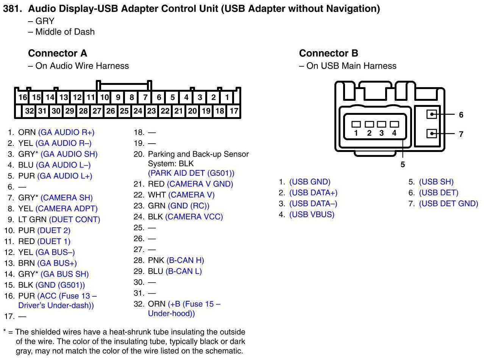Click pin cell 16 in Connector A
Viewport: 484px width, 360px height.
pos(23,97)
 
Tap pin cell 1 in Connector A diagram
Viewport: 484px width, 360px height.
pos(227,97)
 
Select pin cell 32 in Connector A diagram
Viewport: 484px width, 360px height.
pos(29,111)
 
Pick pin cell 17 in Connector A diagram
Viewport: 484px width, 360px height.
pos(234,111)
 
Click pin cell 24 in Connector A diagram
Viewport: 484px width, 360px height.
pos(138,111)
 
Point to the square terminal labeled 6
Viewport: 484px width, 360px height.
pos(431,114)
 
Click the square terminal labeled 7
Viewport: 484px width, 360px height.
pos(431,133)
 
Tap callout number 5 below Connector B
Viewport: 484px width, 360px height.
pos(403,164)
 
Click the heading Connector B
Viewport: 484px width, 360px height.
pos(328,53)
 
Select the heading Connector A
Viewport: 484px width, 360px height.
pos(58,53)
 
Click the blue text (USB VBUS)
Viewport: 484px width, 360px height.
pos(312,214)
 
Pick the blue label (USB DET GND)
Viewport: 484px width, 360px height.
pos(448,203)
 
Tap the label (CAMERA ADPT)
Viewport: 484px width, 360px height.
pos(66,208)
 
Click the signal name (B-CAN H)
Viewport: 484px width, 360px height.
pos(185,260)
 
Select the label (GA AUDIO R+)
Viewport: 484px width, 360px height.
pos(66,132)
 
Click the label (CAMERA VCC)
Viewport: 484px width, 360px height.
pos(194,217)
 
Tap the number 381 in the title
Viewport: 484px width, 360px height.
pos(11,9)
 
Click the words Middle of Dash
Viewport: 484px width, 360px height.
pos(65,32)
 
